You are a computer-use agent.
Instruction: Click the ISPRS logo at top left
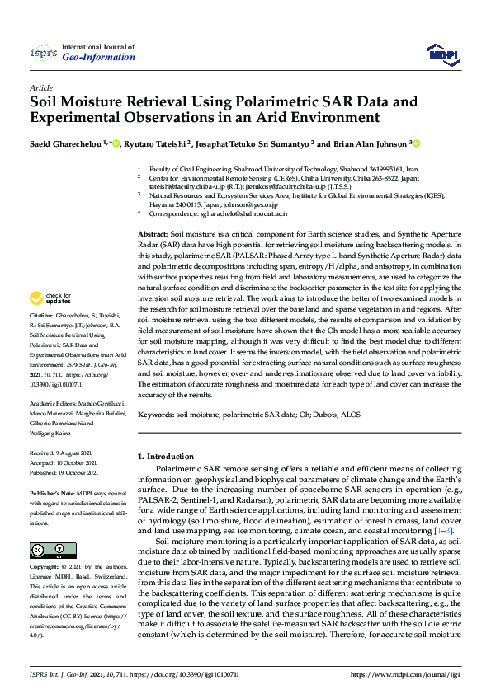click(43, 54)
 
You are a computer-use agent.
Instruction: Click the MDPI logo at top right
click(441, 54)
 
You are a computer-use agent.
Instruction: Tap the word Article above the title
click(40, 87)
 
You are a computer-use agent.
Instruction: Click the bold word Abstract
click(153, 235)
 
